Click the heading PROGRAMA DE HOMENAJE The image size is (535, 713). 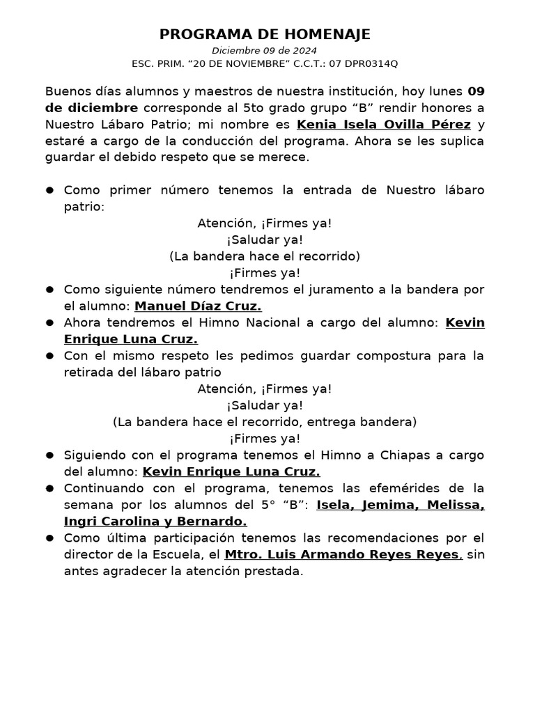(x=265, y=34)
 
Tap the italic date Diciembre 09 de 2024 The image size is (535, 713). (x=265, y=50)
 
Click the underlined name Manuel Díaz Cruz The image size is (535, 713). (x=198, y=306)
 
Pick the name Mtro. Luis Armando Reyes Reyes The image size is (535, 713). (x=343, y=555)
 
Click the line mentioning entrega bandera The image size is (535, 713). (x=265, y=422)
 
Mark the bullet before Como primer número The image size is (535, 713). (x=50, y=191)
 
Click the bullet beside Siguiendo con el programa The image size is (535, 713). (x=50, y=455)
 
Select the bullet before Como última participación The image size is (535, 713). (x=50, y=538)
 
